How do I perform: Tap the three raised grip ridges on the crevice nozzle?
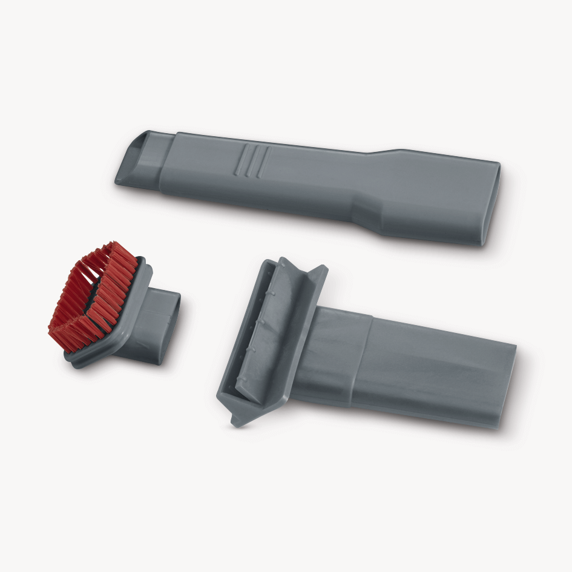251,160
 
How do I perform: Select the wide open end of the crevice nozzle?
493,203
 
